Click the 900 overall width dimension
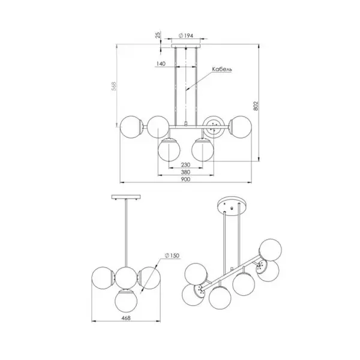point(185,179)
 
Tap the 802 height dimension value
point(256,106)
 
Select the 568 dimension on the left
point(114,86)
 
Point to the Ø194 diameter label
point(186,36)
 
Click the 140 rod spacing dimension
point(161,64)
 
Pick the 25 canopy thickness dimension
point(158,35)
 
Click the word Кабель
point(222,69)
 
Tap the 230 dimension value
point(186,164)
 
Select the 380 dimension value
point(185,172)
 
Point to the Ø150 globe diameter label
point(172,256)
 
